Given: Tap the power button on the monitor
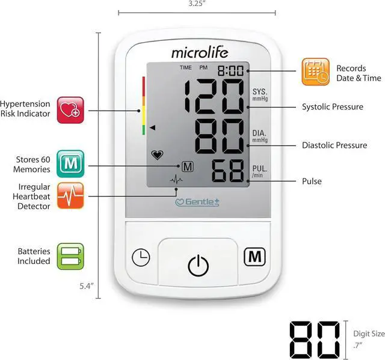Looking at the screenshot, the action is pyautogui.click(x=198, y=265).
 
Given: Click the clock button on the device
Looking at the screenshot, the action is pyautogui.click(x=141, y=257).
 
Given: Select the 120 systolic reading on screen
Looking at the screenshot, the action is pyautogui.click(x=215, y=97).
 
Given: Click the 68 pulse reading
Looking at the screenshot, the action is pyautogui.click(x=228, y=172).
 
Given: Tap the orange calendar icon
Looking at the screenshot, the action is pyautogui.click(x=316, y=73).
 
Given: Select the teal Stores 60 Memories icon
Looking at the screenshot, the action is pyautogui.click(x=70, y=163).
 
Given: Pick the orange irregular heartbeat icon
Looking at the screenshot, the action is pyautogui.click(x=70, y=195).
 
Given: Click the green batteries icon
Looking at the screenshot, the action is pyautogui.click(x=70, y=256).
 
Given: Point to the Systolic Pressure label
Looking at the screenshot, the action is pyautogui.click(x=332, y=107).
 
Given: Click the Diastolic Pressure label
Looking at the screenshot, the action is pyautogui.click(x=334, y=145).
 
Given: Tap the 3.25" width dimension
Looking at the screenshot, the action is pyautogui.click(x=197, y=4).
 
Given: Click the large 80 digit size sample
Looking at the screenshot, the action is pyautogui.click(x=313, y=340).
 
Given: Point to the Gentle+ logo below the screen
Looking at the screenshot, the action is pyautogui.click(x=197, y=202).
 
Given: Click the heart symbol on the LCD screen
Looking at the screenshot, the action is pyautogui.click(x=157, y=155).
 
